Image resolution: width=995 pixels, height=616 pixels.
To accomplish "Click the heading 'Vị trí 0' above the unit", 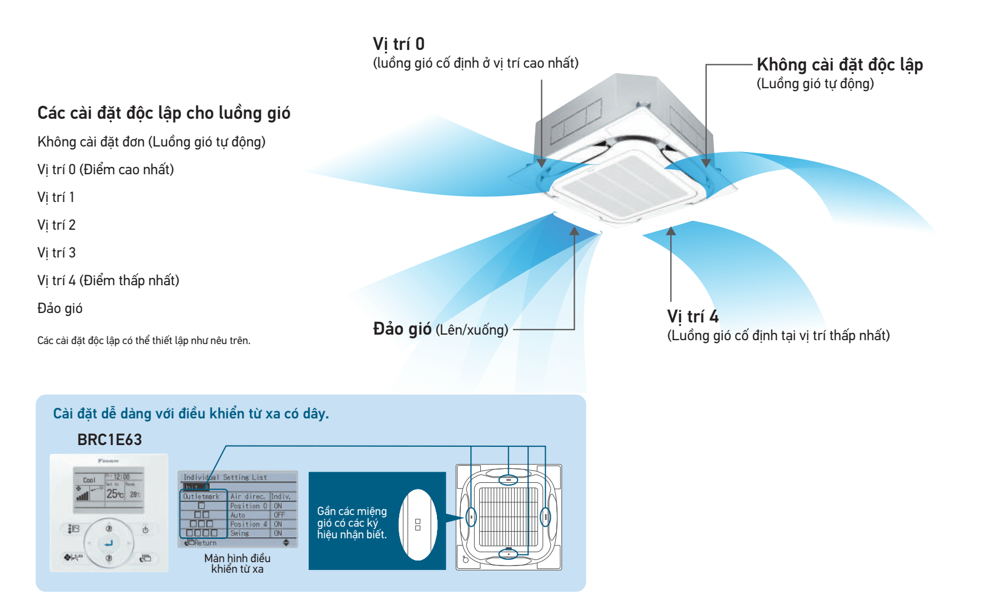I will point(398,44).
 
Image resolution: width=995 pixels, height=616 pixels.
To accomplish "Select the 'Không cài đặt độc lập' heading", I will point(839,65).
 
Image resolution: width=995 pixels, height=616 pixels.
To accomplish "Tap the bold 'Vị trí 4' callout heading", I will point(692,316).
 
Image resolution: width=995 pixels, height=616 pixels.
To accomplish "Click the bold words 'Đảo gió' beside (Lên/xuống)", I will point(402,329).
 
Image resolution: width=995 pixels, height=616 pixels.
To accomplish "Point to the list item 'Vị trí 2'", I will point(56,225).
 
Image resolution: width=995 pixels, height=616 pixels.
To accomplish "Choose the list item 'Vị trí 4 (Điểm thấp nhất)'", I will point(108,280).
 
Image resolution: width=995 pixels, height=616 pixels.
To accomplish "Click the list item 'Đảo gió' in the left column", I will point(60,308).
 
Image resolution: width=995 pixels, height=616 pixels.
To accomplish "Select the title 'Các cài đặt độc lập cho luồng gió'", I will point(164,113).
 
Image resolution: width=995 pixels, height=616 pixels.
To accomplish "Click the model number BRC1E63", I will point(109,440).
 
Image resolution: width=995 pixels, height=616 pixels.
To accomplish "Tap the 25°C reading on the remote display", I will point(114,493).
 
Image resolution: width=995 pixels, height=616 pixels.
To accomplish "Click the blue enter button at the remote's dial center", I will point(109,543).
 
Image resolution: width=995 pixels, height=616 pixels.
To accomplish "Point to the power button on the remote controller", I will point(145,530).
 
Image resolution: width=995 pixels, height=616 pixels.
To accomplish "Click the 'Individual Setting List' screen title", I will point(225,477).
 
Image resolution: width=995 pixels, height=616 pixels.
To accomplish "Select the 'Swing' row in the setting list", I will point(240,533).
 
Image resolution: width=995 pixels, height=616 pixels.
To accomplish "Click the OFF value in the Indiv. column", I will point(279,515).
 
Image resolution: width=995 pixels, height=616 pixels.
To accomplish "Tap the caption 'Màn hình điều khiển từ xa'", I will point(237,563).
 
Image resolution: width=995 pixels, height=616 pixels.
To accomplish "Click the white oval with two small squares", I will point(418,524).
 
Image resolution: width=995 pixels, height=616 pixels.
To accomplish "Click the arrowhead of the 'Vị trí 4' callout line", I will point(671,231).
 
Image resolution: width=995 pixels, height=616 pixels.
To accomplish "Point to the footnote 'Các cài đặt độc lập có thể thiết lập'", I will point(144,340).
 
